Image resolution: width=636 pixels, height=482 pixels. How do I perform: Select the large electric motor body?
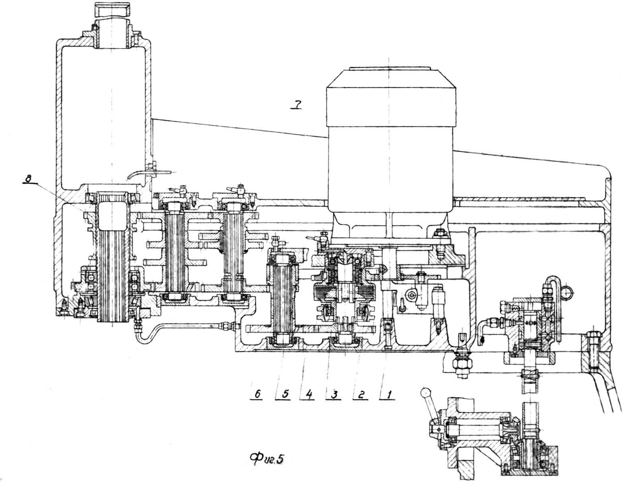(390, 143)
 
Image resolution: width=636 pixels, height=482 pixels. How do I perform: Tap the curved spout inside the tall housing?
(139, 174)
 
